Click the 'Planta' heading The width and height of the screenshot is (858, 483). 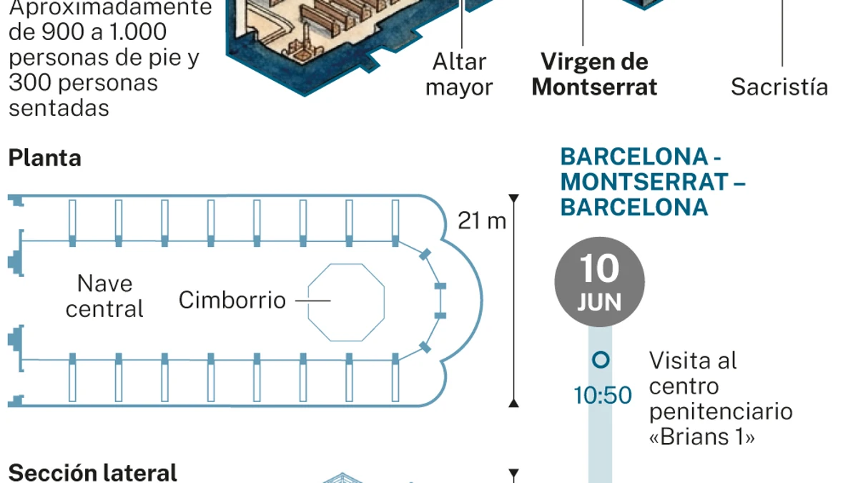pos(45,158)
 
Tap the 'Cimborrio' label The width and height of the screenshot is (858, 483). pos(232,300)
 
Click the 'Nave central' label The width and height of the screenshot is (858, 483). pos(104,296)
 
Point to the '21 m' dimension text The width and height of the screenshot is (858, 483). pos(482,221)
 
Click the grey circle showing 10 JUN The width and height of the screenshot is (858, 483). pos(599,282)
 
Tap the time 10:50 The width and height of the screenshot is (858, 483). pos(603,395)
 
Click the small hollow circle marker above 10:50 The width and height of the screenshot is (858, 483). pos(601,360)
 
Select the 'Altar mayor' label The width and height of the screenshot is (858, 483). pos(459,74)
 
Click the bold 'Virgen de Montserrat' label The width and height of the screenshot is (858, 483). pos(594,74)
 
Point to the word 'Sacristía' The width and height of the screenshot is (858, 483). pos(779,87)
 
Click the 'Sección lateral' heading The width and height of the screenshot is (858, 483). pos(93,473)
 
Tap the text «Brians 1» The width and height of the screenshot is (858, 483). pos(702,436)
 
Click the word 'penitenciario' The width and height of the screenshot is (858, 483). pos(721,412)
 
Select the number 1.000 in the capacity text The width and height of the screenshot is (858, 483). pos(138,31)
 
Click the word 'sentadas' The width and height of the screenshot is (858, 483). pos(59,108)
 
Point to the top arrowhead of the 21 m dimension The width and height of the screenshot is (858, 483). pos(513,198)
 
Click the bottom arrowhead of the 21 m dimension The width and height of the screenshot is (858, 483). pos(513,403)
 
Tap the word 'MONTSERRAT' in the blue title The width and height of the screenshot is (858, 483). pos(644,182)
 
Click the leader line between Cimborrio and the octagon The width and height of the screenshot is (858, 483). pos(313,301)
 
